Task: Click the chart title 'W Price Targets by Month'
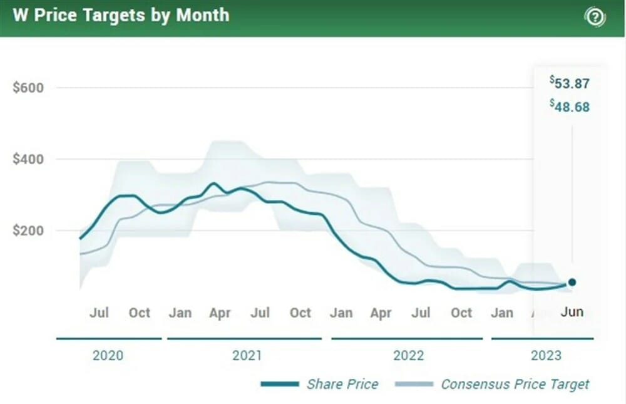[x=121, y=16]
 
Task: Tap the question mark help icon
[x=595, y=17]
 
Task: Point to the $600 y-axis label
[x=28, y=88]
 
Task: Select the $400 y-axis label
[x=28, y=159]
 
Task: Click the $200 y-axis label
[x=28, y=230]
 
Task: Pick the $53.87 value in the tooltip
[x=570, y=83]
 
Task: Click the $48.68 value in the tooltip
[x=570, y=106]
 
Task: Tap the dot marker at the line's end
[x=572, y=282]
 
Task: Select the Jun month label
[x=572, y=311]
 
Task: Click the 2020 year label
[x=108, y=356]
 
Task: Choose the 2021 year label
[x=247, y=356]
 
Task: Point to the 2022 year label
[x=408, y=356]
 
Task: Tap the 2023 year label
[x=546, y=356]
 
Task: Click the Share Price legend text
[x=342, y=384]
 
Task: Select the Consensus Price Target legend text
[x=515, y=384]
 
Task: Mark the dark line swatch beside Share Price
[x=280, y=384]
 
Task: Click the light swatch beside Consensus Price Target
[x=414, y=384]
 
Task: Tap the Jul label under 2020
[x=99, y=313]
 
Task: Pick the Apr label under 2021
[x=220, y=313]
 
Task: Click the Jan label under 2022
[x=341, y=313]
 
